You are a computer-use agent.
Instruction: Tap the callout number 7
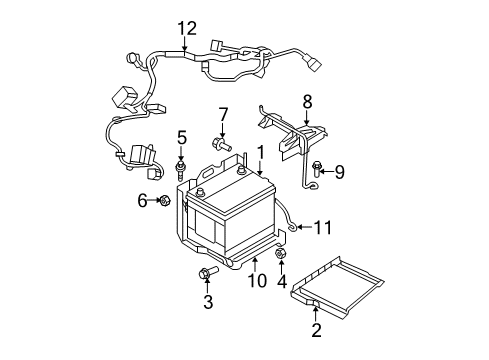tap(224, 114)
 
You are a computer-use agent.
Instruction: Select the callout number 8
tap(308, 100)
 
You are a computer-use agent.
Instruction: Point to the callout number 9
tap(340, 172)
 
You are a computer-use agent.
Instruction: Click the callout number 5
tap(182, 136)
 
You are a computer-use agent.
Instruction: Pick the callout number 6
tap(142, 201)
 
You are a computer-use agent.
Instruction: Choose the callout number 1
tap(261, 152)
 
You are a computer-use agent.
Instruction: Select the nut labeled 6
tap(162, 202)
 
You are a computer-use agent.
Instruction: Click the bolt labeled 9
tap(316, 171)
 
